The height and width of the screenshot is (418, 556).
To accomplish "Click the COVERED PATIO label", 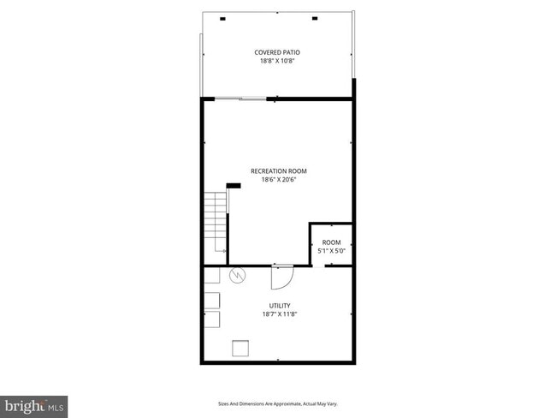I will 277,52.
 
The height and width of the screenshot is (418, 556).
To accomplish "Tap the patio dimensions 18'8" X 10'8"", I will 277,61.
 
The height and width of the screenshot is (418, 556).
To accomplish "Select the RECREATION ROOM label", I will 278,171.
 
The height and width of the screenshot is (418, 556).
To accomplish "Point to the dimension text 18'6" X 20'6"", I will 278,180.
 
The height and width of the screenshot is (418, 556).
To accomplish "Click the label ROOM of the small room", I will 331,242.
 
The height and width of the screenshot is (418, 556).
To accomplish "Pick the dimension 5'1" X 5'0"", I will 331,251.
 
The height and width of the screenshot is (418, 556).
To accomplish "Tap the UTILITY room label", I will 280,306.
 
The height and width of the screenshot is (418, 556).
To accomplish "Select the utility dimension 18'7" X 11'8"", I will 280,314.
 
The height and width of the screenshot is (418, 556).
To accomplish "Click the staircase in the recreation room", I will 215,222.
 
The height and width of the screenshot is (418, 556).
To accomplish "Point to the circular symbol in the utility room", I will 238,277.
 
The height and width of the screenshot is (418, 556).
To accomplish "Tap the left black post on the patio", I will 223,18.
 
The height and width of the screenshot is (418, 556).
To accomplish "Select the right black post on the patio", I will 314,18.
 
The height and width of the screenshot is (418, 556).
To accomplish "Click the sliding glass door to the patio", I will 240,99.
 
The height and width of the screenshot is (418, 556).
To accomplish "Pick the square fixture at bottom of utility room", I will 240,347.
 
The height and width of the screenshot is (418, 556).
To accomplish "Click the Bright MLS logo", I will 34,403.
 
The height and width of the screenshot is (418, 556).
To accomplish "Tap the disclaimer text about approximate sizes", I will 278,403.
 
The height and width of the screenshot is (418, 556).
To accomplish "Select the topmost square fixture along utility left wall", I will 211,276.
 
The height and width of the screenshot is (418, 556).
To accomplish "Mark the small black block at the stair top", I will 234,186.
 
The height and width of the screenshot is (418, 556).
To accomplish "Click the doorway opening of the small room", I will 318,266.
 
